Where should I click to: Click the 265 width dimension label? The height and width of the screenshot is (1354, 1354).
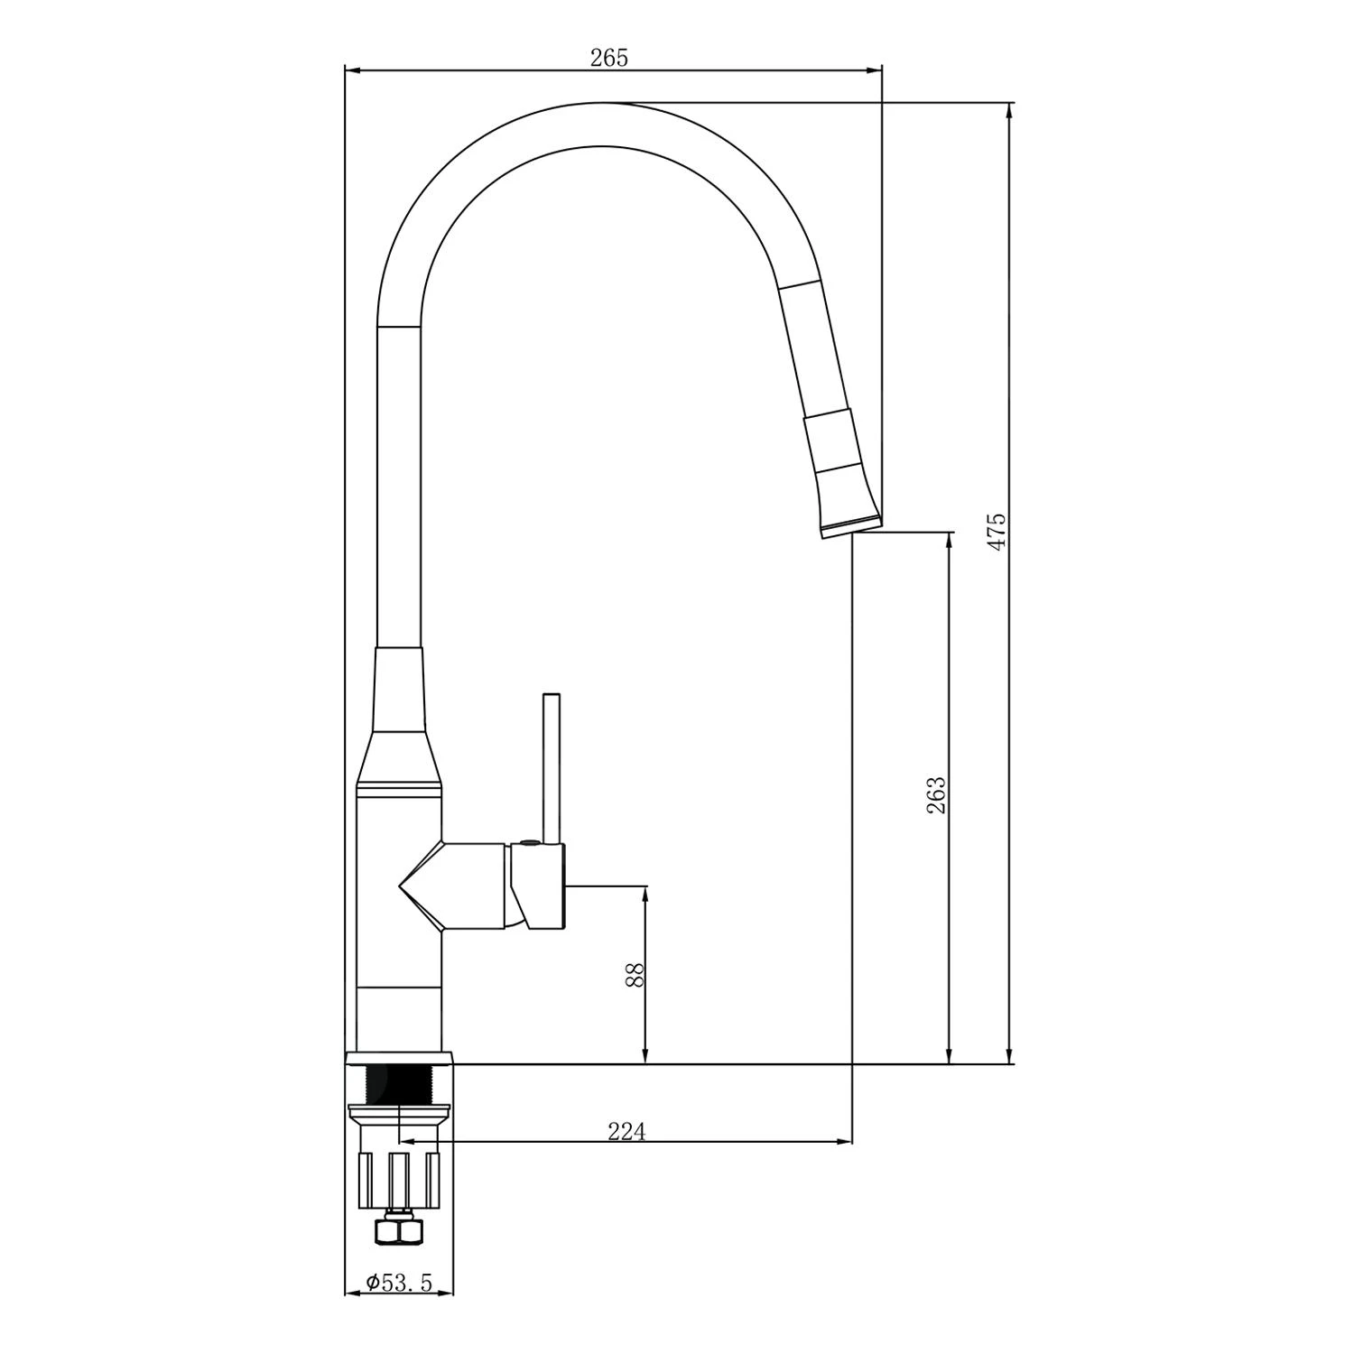608,58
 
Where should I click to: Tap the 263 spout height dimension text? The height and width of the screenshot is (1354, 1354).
936,795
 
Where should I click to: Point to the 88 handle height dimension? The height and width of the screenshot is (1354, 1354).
635,975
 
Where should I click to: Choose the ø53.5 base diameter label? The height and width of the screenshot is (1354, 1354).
399,1282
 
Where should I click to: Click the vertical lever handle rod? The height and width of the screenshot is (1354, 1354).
552,767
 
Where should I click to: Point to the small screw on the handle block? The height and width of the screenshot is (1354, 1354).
527,845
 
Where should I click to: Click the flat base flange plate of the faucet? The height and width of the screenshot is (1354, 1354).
399,1058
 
